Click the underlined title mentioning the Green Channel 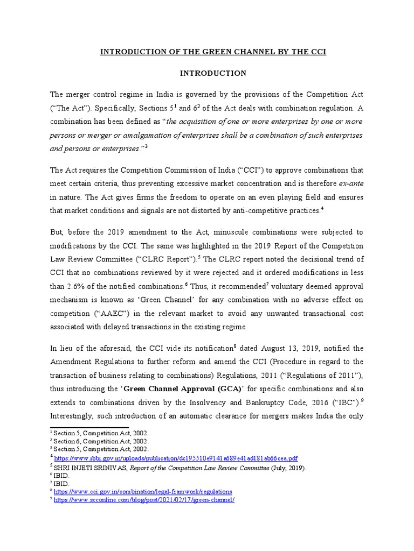point(213,52)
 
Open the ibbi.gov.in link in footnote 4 point(176,458)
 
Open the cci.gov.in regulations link point(143,491)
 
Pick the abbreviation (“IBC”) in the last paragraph point(343,402)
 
